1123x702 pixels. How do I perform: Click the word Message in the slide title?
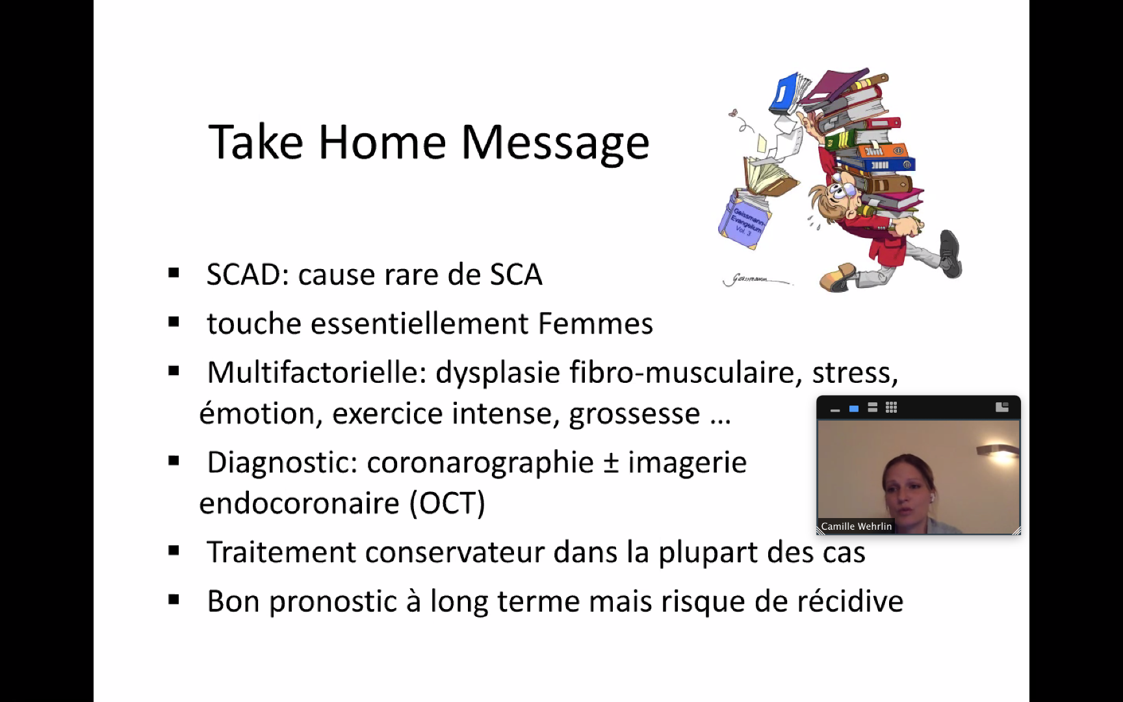(x=555, y=142)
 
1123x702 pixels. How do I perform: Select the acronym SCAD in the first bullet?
(x=243, y=274)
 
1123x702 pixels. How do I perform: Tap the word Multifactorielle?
(x=316, y=372)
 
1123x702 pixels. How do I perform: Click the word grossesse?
(x=634, y=414)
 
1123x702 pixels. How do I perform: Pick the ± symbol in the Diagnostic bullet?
(x=610, y=463)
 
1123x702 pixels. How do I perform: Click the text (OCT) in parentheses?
(x=447, y=503)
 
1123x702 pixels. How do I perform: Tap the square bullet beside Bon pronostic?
(x=174, y=600)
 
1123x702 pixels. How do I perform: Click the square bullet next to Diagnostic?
(x=174, y=461)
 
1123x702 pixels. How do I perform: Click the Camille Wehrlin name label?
(x=857, y=526)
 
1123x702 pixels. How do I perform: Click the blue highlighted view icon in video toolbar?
(x=854, y=408)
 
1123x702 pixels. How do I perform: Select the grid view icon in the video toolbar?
(x=891, y=408)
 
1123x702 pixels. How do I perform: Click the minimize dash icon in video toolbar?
(x=835, y=410)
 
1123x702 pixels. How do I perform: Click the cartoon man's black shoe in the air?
(x=951, y=253)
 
